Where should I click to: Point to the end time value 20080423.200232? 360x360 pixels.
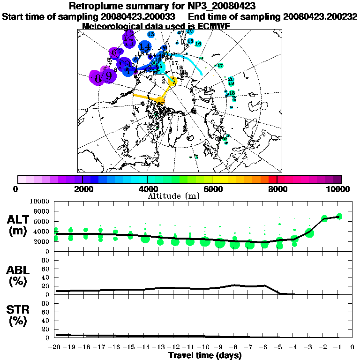320,16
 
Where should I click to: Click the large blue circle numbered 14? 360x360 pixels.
144,47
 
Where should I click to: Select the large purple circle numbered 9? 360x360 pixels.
109,76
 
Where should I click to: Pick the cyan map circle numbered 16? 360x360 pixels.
198,44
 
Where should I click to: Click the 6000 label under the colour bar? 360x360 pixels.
212,189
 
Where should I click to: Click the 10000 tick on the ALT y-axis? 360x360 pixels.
40,201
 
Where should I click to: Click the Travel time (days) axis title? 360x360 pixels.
205,355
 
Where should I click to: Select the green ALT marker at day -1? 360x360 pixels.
339,216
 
